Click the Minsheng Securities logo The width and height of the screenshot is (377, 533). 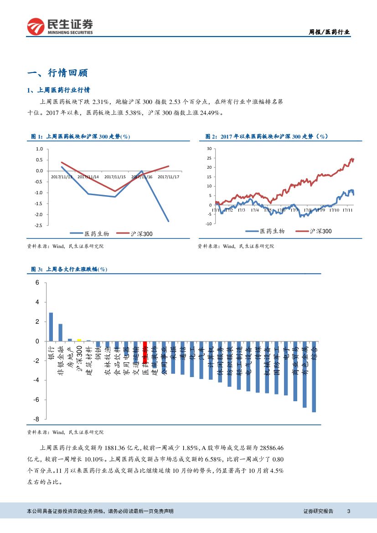[x=60, y=27]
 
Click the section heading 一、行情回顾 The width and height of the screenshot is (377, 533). [x=57, y=73]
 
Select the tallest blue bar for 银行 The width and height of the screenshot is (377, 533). [x=51, y=327]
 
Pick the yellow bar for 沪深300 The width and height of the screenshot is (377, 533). [x=79, y=340]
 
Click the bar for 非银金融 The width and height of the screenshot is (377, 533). [x=60, y=332]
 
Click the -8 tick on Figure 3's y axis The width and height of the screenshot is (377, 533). [x=36, y=419]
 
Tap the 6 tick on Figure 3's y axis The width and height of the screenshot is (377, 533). [x=37, y=283]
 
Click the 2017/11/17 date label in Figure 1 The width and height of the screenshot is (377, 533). [x=168, y=177]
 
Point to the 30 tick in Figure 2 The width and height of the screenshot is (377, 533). [x=209, y=149]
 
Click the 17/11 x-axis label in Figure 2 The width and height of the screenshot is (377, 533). [x=348, y=210]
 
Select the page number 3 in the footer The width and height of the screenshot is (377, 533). [x=348, y=511]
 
